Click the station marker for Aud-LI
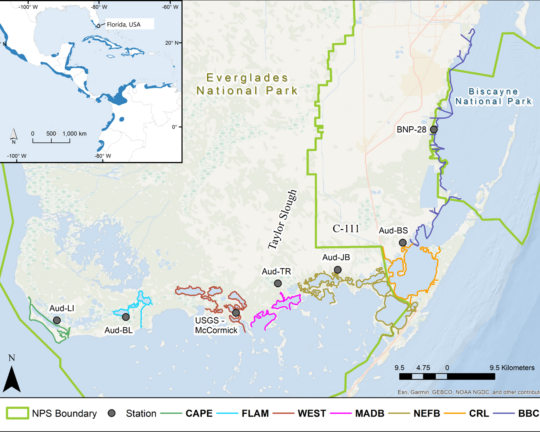(57, 320)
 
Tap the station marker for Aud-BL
(126, 317)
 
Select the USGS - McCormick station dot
(236, 313)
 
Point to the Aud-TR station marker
(278, 283)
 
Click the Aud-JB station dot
(338, 270)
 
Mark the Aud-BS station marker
(402, 243)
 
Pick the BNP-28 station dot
(434, 129)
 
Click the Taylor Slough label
(283, 220)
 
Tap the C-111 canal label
(346, 229)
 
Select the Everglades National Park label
(247, 84)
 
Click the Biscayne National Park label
(493, 96)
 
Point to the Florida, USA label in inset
(123, 25)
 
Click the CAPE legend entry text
(199, 414)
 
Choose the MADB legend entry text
(370, 414)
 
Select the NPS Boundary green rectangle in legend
(17, 413)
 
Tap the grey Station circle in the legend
(112, 413)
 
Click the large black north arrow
(12, 379)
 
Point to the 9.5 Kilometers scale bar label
(512, 368)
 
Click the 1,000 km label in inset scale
(74, 133)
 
